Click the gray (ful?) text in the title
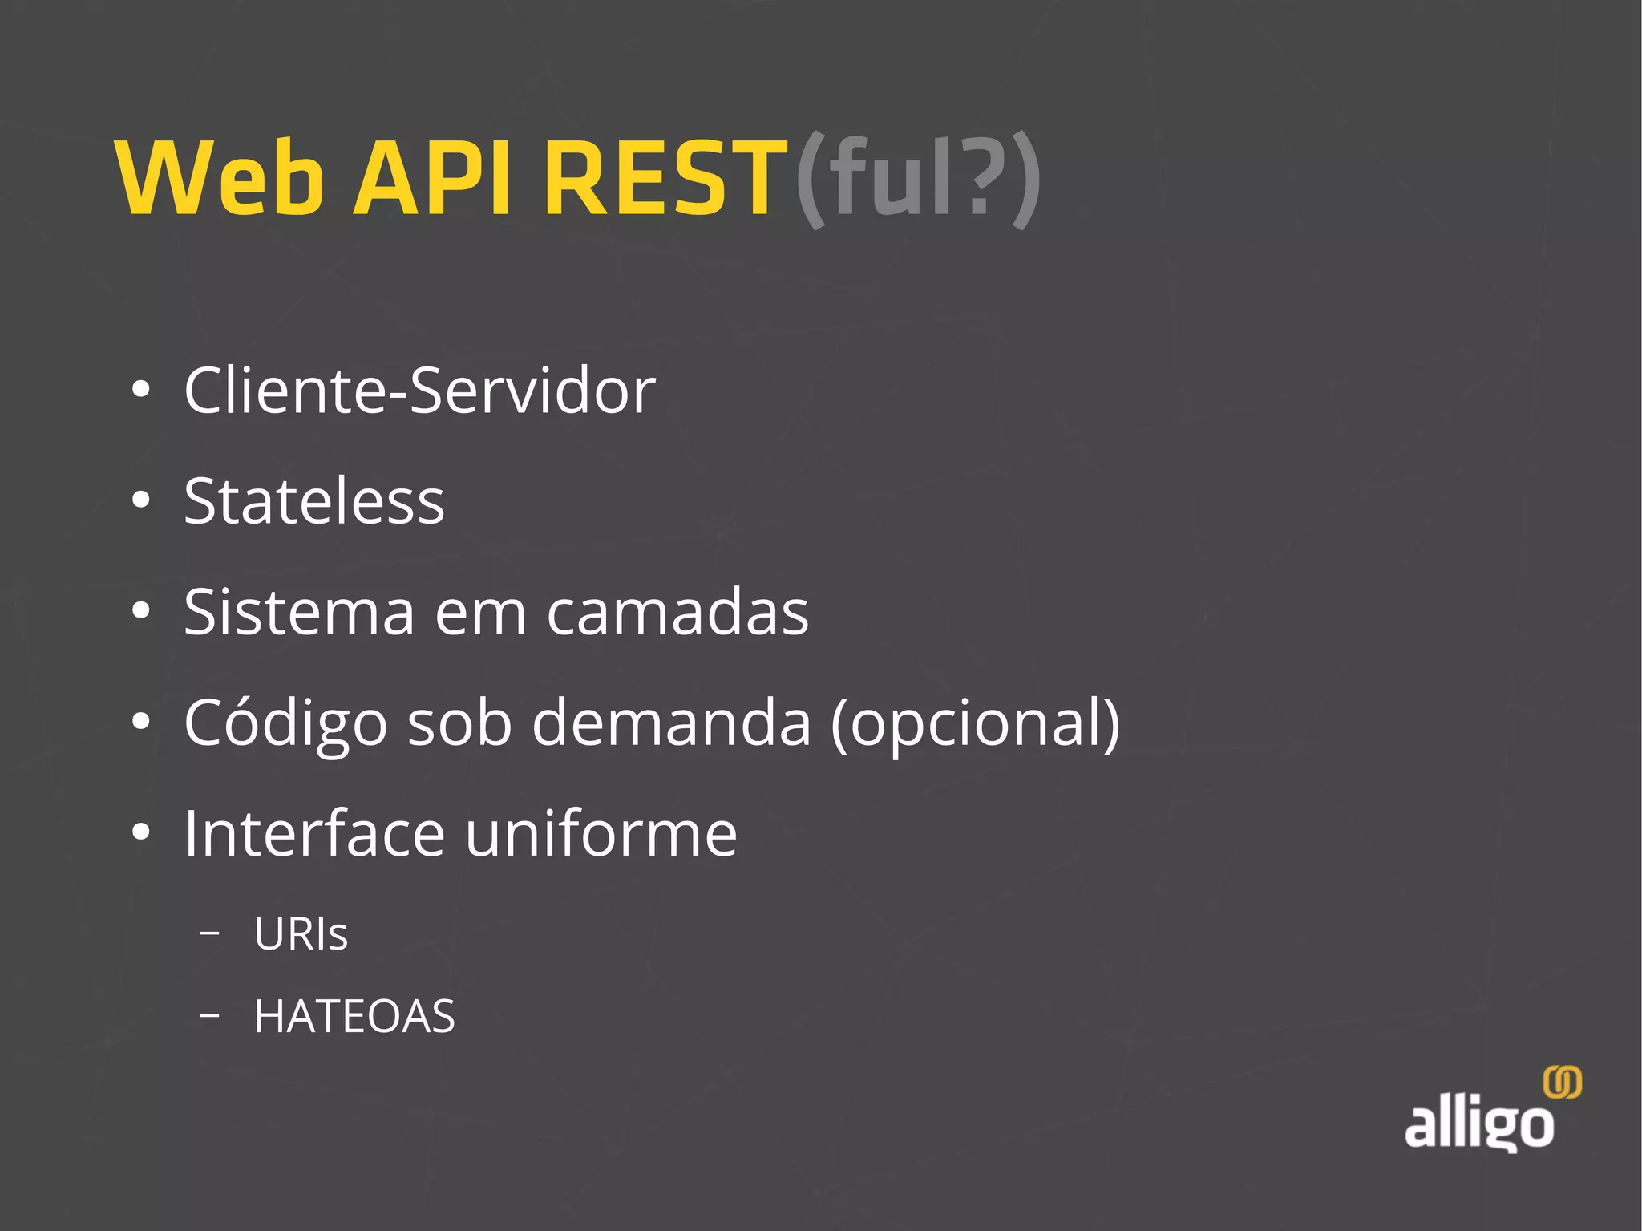[918, 179]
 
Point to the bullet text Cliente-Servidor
[419, 391]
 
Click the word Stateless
[313, 501]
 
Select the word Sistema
[299, 612]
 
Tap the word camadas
[677, 612]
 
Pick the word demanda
[672, 723]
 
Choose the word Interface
[314, 833]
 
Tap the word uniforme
[601, 833]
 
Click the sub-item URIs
[301, 934]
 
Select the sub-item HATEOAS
[354, 1016]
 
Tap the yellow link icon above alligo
[1563, 1083]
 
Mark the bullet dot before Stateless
[141, 501]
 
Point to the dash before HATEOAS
[209, 1015]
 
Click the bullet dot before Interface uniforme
[141, 833]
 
